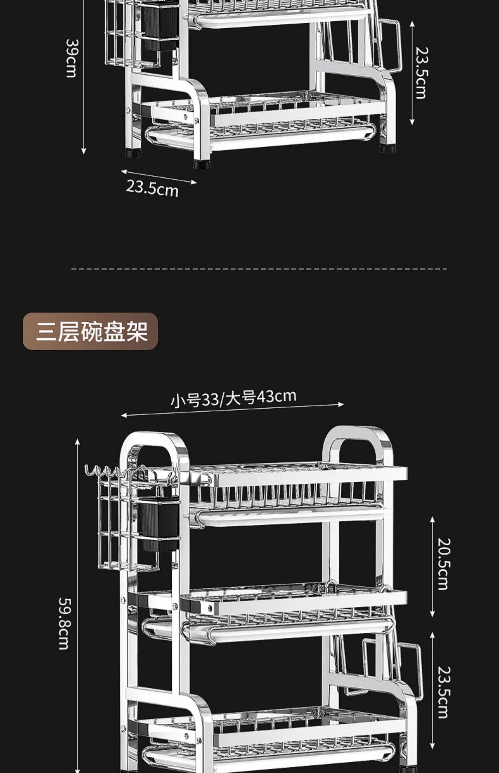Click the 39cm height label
[x=71, y=58]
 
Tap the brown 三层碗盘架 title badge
[x=90, y=331]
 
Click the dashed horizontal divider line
[x=259, y=269]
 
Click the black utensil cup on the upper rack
[x=159, y=27]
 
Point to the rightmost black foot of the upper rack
[x=388, y=148]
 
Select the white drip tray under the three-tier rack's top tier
[x=289, y=516]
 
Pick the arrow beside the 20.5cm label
[x=432, y=567]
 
